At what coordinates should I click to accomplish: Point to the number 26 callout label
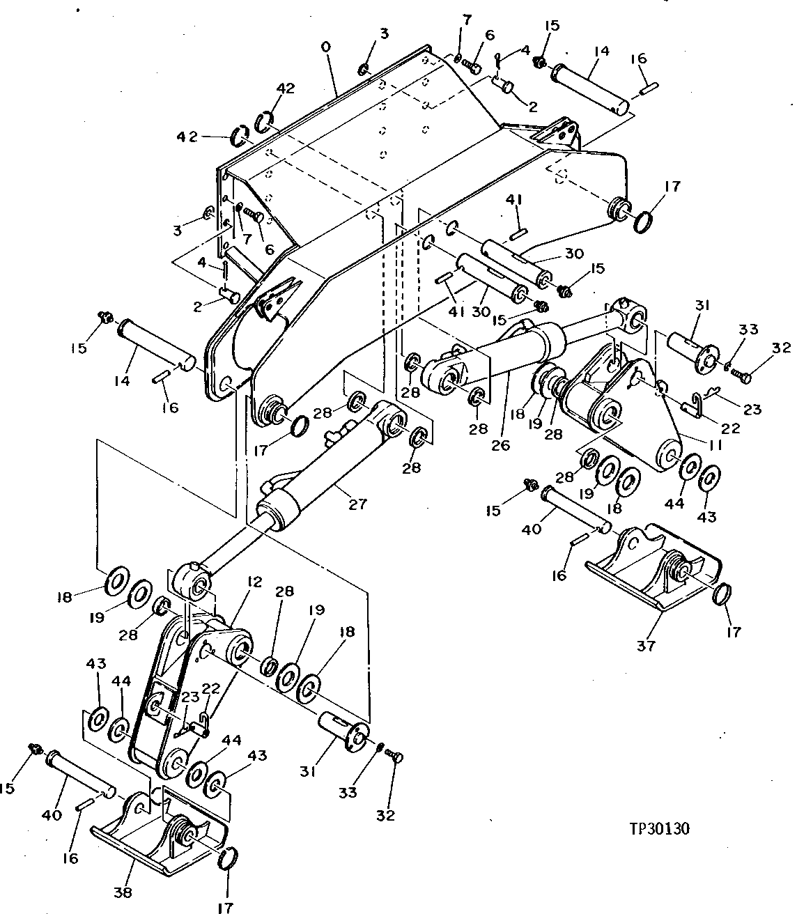tap(500, 444)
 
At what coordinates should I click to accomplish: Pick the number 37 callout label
tap(647, 646)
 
